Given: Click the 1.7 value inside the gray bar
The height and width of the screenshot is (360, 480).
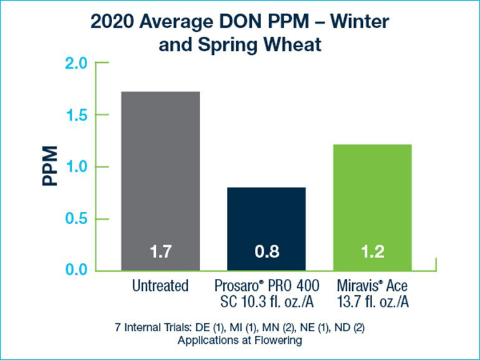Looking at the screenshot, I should pyautogui.click(x=160, y=253).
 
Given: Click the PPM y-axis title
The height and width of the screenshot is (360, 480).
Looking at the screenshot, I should pyautogui.click(x=50, y=167).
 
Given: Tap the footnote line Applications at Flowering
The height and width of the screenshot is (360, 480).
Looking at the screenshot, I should pyautogui.click(x=240, y=341).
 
